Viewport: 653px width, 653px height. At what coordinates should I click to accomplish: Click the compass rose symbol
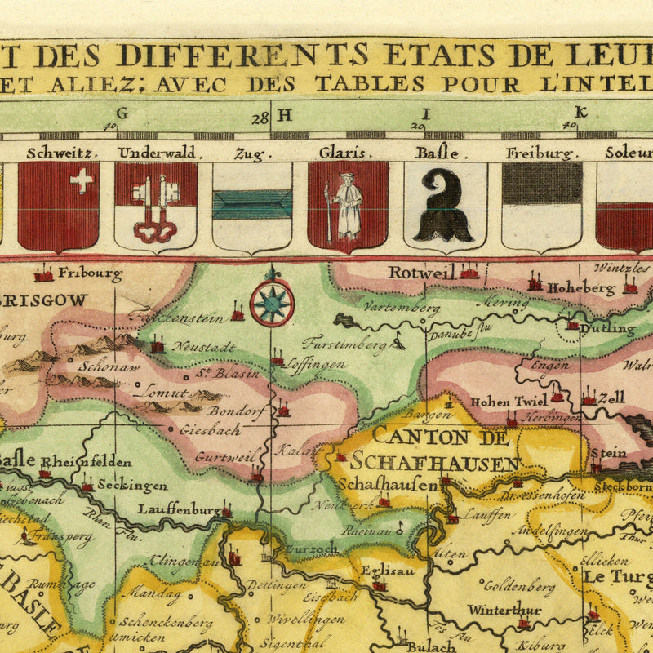[x=272, y=302]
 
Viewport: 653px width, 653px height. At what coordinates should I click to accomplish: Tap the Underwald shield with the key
[x=156, y=206]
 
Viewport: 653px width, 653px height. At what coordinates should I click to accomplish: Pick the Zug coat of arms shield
[x=252, y=206]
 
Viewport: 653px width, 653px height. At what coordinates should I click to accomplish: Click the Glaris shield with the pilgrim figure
[x=348, y=206]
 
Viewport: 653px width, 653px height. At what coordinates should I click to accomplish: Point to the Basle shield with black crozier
[x=444, y=206]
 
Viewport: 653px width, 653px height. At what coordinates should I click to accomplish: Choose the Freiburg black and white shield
[x=541, y=206]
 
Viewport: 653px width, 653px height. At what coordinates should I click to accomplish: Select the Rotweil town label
[x=420, y=273]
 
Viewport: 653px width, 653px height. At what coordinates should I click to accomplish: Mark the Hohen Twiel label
[x=506, y=401]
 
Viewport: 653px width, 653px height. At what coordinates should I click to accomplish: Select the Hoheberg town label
[x=580, y=288]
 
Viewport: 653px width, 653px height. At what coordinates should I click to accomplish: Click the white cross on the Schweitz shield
[x=81, y=180]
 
